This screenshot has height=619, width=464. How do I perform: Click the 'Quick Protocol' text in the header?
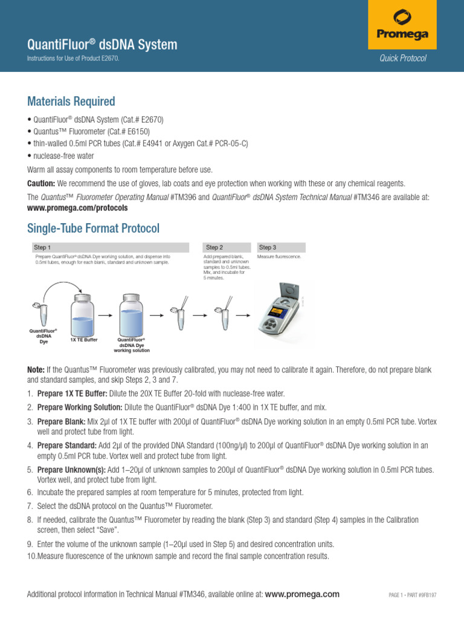coord(403,58)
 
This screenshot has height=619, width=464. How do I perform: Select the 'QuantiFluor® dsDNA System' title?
coord(103,44)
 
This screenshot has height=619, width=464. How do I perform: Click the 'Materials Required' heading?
coord(71,101)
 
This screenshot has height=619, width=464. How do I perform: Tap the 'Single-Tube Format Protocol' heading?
coord(94,228)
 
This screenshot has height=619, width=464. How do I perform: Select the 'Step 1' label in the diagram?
coord(42,247)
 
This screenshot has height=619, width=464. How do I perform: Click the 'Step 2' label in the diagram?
coord(214,247)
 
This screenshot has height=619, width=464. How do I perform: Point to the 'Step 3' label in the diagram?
coord(267,247)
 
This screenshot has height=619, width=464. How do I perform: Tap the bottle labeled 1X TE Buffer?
coord(83,314)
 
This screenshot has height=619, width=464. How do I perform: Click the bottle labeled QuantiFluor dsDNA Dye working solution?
coord(131,314)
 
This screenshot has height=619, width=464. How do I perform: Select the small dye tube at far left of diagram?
coord(43,314)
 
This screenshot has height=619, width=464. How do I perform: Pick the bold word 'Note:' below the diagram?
coord(36,369)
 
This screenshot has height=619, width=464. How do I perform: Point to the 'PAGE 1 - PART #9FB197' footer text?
coord(412,595)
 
